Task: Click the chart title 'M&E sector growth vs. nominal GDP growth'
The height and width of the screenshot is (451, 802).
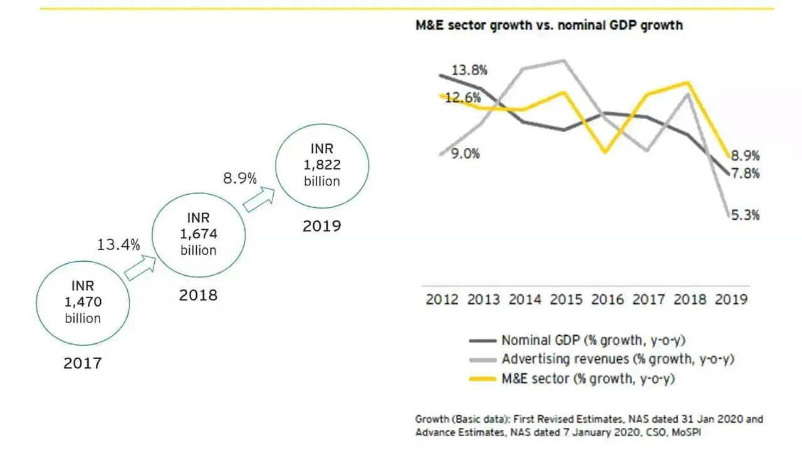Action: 549,26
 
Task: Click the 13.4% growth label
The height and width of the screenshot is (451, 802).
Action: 118,244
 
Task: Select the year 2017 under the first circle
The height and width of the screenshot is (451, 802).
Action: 83,363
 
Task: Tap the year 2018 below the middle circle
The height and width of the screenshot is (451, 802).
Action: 199,294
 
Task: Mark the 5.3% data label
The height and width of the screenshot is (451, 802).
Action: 745,215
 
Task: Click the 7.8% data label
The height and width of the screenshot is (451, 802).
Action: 745,174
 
